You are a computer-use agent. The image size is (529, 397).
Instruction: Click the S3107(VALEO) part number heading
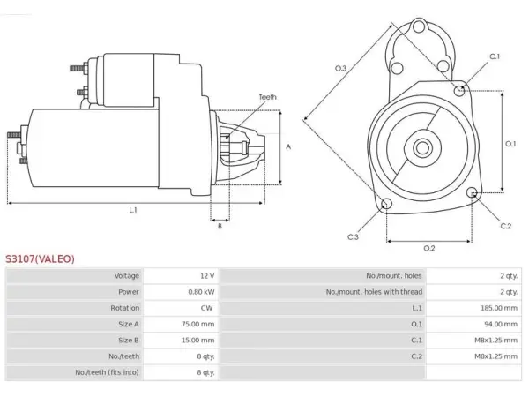40,258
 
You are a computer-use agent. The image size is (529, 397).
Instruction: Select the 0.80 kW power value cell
201,292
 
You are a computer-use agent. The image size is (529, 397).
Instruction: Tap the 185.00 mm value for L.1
499,308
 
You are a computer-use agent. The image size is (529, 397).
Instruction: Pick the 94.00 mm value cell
501,324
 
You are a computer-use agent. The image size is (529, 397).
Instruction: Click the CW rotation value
206,308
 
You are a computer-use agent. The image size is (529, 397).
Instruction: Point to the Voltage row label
126,276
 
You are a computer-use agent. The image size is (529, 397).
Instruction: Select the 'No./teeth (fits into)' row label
107,372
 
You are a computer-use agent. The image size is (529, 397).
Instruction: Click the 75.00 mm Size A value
197,324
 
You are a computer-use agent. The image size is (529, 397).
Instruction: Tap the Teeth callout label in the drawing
267,97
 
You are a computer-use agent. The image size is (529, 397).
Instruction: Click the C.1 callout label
495,56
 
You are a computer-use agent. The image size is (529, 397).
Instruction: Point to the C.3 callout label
353,237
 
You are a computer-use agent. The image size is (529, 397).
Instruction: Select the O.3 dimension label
340,68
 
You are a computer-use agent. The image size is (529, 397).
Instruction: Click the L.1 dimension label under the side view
133,210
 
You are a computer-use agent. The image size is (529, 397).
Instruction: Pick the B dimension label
220,226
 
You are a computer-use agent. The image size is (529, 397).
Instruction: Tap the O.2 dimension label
429,249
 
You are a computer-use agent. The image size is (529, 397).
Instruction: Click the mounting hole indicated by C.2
473,192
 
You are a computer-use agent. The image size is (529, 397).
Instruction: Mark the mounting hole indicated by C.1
458,91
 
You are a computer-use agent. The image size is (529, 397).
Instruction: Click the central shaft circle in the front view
422,148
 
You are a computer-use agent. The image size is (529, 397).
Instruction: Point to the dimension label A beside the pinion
288,146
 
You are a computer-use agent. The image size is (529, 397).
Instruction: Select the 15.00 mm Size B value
197,340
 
